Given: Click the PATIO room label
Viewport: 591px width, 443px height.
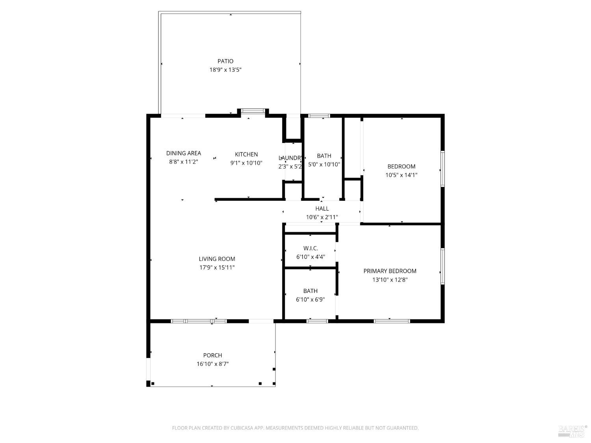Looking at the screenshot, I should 225,61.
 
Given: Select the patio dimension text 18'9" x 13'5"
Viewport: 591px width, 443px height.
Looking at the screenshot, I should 225,70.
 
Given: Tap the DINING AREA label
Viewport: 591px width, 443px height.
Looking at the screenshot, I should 184,153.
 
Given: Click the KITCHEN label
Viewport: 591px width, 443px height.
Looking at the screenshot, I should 246,154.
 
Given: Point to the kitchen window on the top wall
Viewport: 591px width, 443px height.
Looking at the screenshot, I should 253,111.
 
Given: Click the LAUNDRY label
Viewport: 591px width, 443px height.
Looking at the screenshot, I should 290,158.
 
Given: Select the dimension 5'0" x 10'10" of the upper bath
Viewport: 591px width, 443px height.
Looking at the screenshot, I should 324,165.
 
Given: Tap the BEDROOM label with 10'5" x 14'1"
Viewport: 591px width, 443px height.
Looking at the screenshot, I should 401,166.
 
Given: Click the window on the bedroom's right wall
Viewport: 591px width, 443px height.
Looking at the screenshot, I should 442,169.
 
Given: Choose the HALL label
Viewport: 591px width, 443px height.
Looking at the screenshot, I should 322,208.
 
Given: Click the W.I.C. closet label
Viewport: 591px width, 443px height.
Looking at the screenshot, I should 310,248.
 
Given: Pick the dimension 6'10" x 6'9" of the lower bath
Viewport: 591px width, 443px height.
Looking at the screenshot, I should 310,300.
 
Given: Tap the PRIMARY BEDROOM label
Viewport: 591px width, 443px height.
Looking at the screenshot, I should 390,271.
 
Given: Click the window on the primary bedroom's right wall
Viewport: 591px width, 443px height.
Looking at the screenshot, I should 442,266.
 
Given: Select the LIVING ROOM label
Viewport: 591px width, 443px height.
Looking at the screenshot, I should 217,259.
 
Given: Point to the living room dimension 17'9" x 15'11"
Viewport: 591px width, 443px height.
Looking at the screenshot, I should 217,267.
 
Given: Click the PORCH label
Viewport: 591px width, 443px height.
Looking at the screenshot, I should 212,355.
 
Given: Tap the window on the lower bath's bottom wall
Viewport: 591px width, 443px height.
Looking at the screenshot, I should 317,321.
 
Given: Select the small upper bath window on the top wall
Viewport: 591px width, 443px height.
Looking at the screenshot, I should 319,116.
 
